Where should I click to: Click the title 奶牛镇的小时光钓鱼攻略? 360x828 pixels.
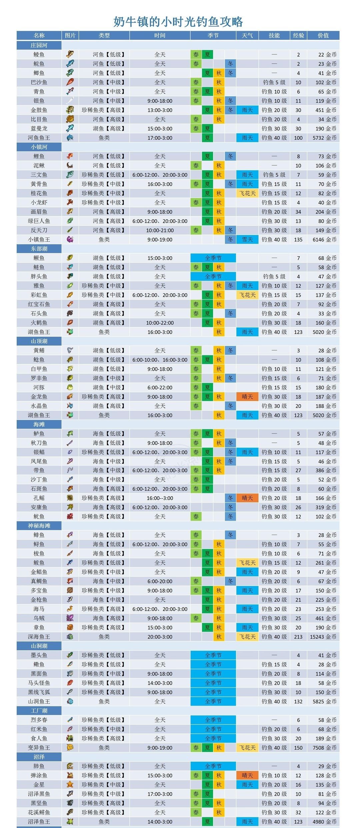(178, 22)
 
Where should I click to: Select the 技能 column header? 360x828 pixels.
(274, 35)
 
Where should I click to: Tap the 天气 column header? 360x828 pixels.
(247, 35)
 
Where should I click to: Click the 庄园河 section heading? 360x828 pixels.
(39, 45)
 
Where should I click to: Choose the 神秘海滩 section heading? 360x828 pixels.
(39, 526)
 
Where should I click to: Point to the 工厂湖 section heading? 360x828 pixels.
(39, 711)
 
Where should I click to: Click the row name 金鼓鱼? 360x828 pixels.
(39, 110)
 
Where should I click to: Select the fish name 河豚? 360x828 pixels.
(39, 387)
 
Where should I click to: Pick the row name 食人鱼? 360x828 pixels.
(39, 738)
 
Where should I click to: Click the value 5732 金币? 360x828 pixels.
(324, 138)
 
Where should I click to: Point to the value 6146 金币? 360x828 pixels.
(324, 239)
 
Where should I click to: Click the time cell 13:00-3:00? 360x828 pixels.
(160, 110)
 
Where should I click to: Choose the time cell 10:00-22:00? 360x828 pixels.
(160, 323)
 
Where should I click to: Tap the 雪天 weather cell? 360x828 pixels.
(247, 239)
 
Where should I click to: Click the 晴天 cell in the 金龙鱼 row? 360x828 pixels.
(247, 397)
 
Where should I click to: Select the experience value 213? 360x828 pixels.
(298, 637)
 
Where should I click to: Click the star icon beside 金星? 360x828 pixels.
(70, 785)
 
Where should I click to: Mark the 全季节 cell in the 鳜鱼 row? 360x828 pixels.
(213, 258)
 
